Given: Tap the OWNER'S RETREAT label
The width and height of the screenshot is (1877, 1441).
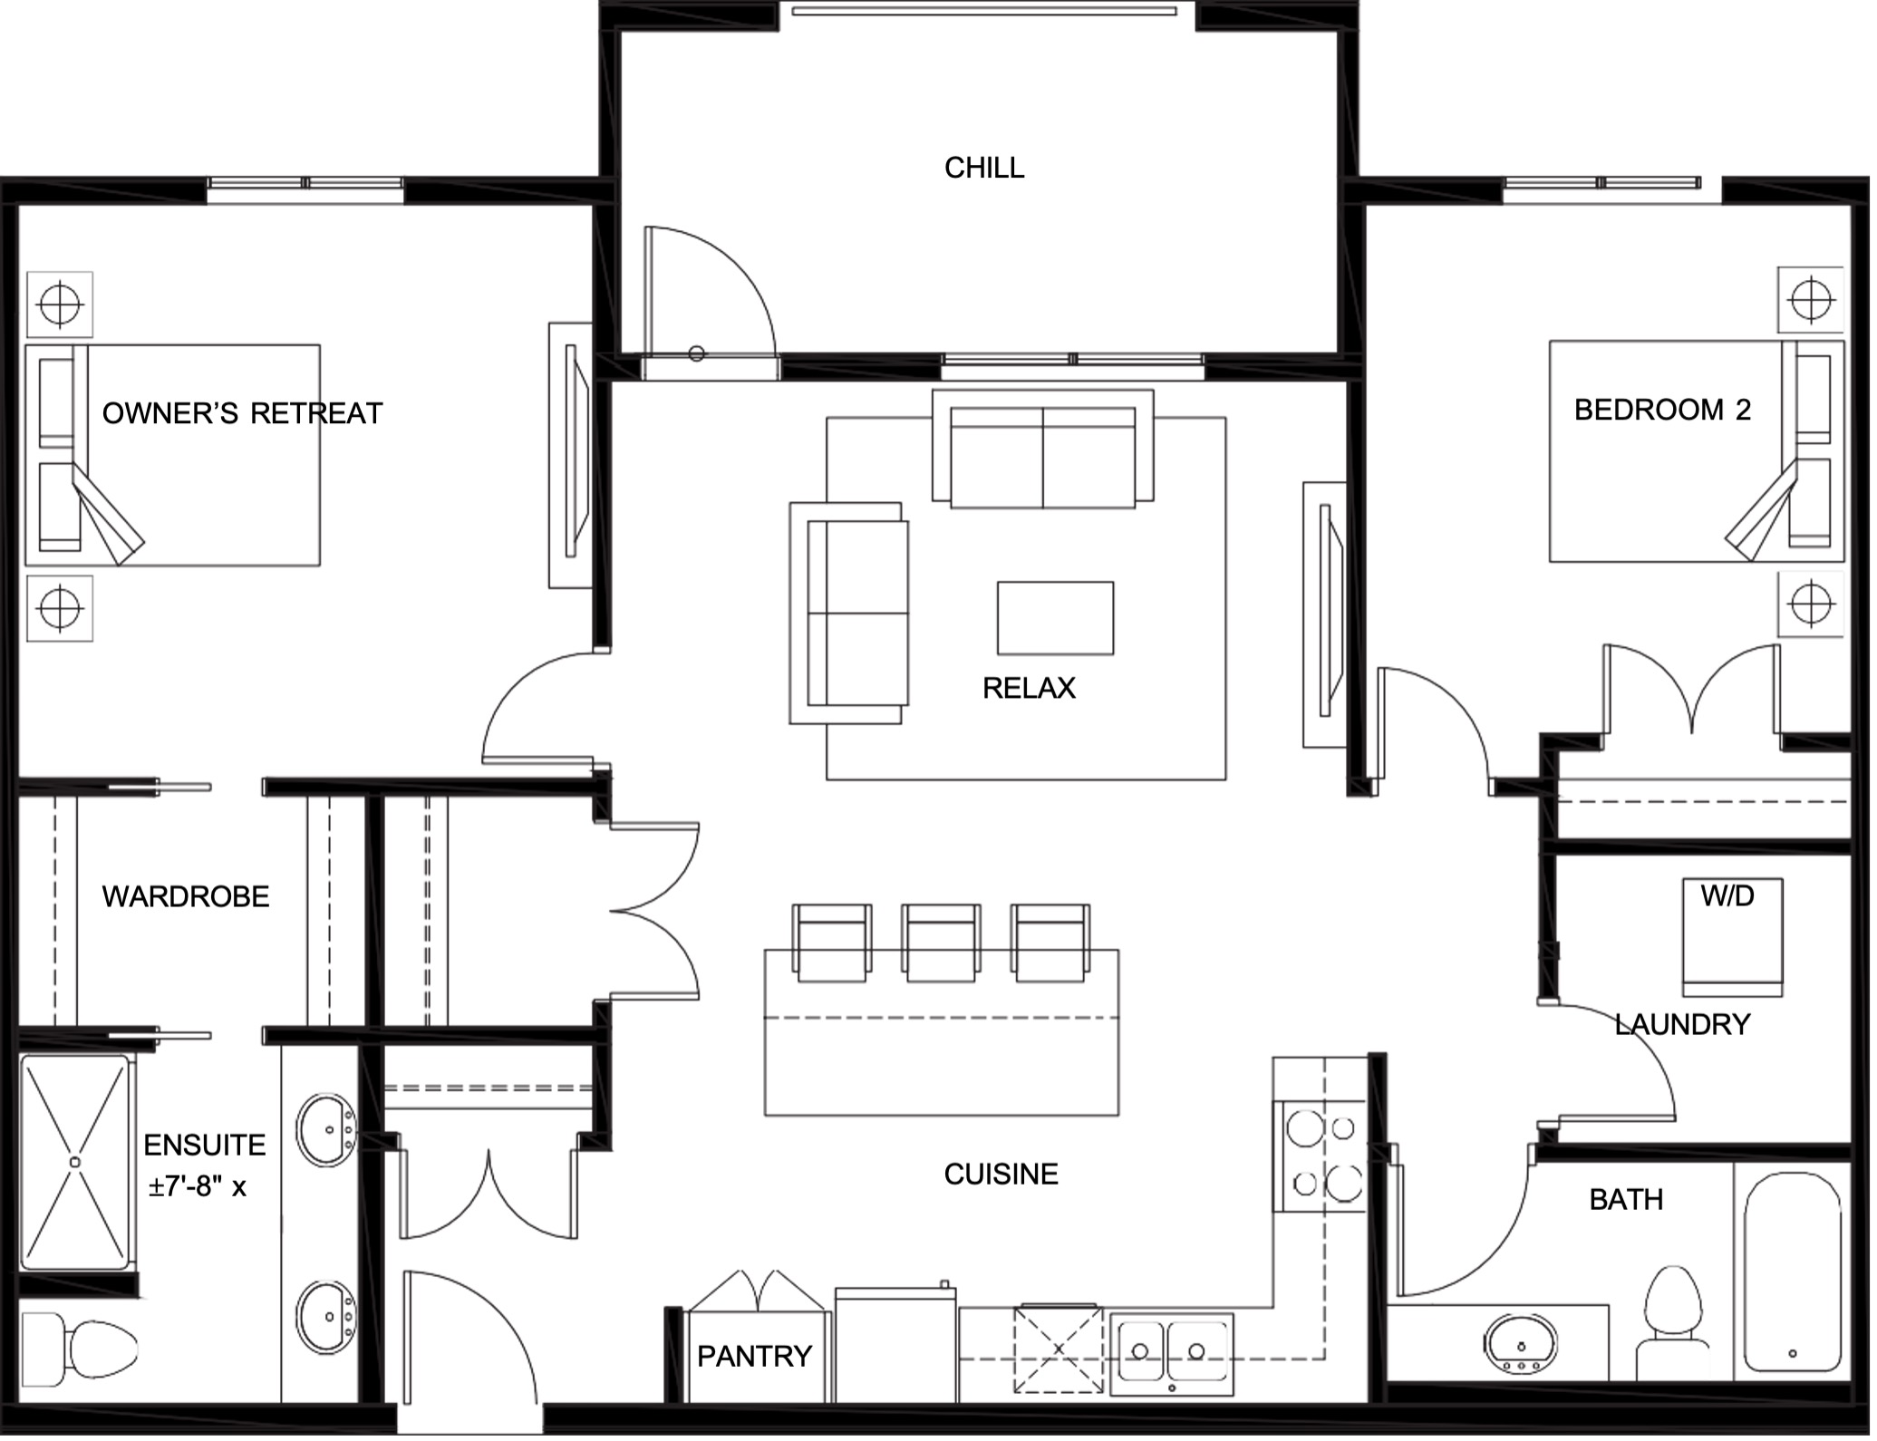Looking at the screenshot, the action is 243,415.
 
